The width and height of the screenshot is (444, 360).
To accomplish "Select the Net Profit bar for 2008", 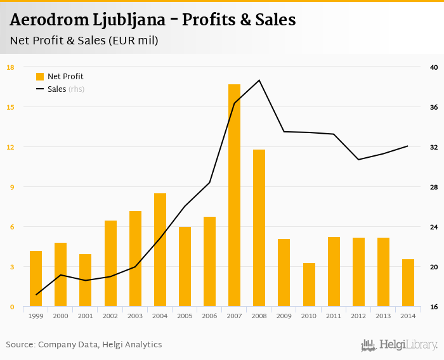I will click(x=259, y=228).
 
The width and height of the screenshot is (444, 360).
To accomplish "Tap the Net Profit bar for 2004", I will click(x=160, y=250).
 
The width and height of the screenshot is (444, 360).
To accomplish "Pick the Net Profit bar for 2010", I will click(x=309, y=285).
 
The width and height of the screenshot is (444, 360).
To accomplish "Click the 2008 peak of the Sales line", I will click(x=259, y=80).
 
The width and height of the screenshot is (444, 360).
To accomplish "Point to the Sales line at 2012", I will click(x=358, y=159).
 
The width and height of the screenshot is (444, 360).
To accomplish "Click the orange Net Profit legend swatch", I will click(x=40, y=77).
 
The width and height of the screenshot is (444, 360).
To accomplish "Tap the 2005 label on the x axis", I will click(x=185, y=316).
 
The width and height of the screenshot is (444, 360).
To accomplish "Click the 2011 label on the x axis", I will click(x=334, y=316).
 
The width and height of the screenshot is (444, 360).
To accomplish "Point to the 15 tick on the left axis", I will click(x=11, y=107).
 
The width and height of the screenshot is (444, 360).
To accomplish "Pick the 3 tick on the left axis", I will click(x=11, y=267).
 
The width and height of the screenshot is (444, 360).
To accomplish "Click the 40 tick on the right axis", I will click(x=434, y=67).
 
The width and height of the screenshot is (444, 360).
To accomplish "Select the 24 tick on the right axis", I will click(x=434, y=227).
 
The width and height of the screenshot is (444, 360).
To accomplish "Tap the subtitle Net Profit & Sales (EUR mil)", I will click(x=84, y=41).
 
